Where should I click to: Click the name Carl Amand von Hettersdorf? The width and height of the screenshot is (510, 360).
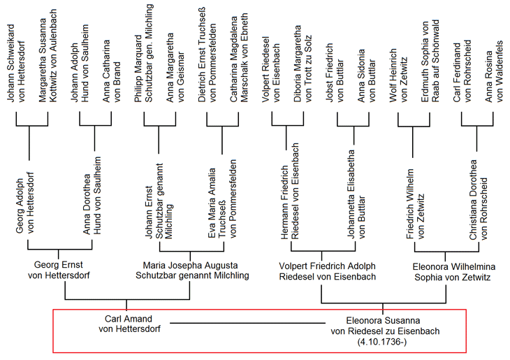coord(129,324)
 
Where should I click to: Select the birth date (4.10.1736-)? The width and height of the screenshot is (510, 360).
coord(382,342)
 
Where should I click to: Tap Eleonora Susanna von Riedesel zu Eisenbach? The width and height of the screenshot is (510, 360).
coord(385,326)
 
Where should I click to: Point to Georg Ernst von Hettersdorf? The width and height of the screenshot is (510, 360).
coord(59,270)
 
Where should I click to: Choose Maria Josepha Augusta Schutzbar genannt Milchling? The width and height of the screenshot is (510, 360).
coord(192,271)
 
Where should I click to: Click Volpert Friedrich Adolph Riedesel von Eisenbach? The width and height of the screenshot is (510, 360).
coord(327,271)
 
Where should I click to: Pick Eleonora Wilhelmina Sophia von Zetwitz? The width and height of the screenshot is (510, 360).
coord(453,272)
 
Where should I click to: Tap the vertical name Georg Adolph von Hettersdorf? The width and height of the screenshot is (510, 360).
coord(24,203)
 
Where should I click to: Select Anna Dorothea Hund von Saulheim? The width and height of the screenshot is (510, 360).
coord(92,195)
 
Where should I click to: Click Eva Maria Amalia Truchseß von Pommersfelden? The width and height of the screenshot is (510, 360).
coord(222,199)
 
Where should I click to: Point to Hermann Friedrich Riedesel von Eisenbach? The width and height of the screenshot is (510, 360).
coord(289,192)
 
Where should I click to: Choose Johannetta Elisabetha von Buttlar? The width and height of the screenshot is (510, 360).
coord(356,194)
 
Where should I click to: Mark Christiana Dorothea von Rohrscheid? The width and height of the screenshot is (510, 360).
coord(478,200)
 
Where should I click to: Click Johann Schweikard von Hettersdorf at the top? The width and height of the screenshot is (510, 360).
coord(16,63)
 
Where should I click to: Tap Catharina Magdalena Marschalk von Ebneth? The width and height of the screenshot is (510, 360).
coord(239,57)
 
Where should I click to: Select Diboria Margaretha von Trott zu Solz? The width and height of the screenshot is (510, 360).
coord(303,64)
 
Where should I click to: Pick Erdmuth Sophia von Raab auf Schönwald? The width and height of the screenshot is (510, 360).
coord(430,62)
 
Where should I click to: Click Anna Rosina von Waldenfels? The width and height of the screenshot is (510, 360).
coord(494,71)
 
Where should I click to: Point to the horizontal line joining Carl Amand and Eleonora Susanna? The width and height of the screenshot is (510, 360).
coord(247,323)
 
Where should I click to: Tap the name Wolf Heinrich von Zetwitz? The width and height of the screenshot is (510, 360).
coord(398,75)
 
